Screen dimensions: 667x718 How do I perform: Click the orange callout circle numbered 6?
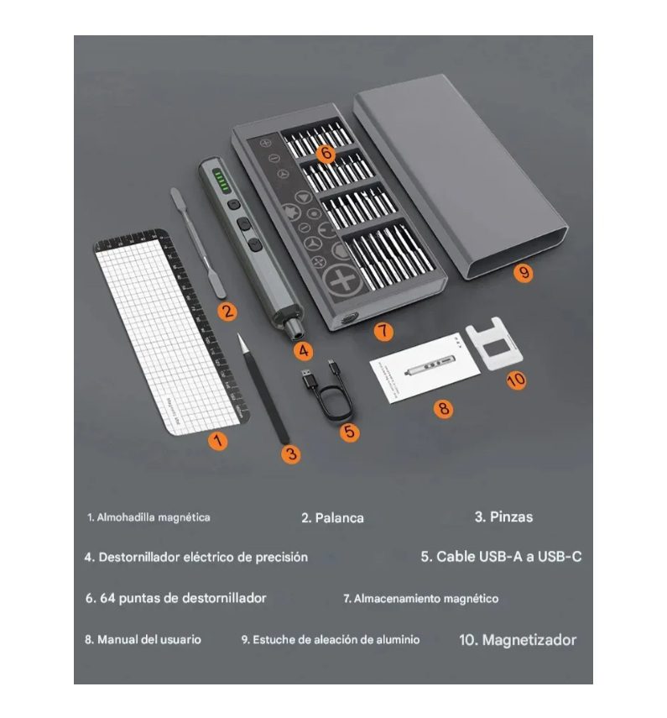326,153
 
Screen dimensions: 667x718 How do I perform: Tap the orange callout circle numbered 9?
524,273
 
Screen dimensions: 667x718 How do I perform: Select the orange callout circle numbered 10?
516,380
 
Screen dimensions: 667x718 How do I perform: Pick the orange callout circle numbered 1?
218,441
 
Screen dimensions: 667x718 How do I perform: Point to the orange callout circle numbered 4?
304,351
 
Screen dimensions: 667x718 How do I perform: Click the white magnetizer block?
495,344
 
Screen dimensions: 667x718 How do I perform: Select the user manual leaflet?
424,369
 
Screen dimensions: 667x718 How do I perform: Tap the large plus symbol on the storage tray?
343,280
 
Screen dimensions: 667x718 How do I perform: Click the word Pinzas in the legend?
511,517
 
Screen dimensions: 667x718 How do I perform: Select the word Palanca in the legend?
339,518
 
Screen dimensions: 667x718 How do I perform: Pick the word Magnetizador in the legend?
529,640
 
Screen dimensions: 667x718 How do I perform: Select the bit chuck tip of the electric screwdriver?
295,331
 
